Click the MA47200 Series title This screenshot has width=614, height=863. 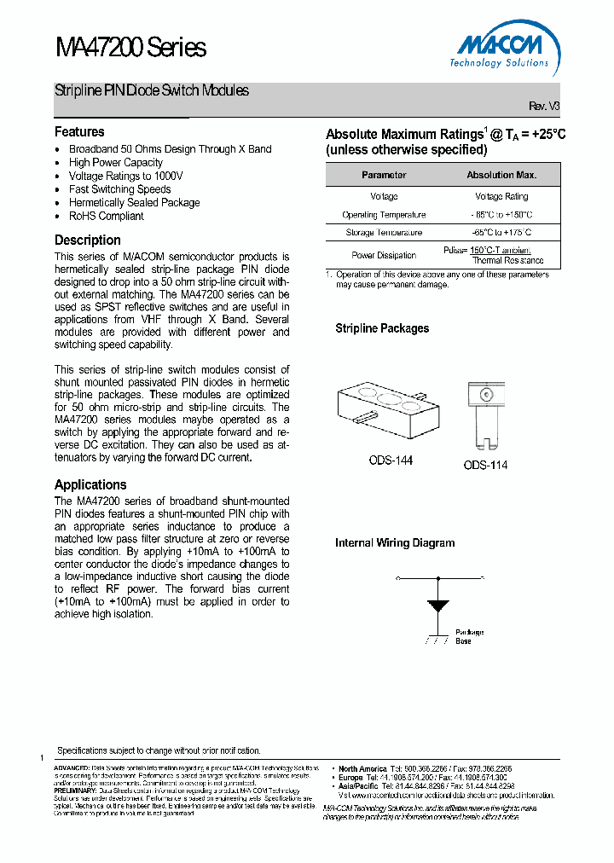click(130, 48)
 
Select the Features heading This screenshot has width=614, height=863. click(79, 131)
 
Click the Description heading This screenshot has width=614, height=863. click(88, 240)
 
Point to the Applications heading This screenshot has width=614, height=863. click(90, 484)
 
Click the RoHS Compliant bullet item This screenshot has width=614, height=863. click(107, 217)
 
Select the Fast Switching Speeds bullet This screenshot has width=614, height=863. click(120, 189)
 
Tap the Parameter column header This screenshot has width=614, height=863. click(384, 175)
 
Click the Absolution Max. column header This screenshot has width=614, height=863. click(501, 175)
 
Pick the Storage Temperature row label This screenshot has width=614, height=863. click(384, 232)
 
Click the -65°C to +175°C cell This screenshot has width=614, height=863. click(501, 232)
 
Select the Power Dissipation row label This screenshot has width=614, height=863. click(384, 255)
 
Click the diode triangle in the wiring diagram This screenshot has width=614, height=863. click(439, 607)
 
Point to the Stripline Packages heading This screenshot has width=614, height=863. click(382, 328)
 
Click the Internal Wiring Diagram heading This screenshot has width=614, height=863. click(395, 542)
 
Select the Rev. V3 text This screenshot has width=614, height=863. click(544, 106)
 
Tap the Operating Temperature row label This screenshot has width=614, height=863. click(384, 215)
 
